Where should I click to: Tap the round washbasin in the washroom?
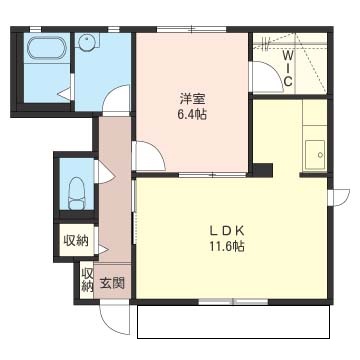(x=87, y=41)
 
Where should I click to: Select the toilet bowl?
(x=77, y=193)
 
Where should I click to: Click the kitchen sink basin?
(x=315, y=155)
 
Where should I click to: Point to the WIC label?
(x=287, y=68)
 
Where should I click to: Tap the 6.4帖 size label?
(x=192, y=115)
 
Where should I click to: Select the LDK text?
(x=227, y=230)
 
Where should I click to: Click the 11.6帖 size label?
(x=227, y=246)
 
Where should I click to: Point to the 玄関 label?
(x=112, y=284)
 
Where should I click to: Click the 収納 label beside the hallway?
(x=76, y=240)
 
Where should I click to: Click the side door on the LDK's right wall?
(x=339, y=197)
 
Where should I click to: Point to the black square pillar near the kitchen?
(x=263, y=170)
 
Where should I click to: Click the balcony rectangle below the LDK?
(x=234, y=322)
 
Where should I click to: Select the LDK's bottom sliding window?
(x=233, y=302)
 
